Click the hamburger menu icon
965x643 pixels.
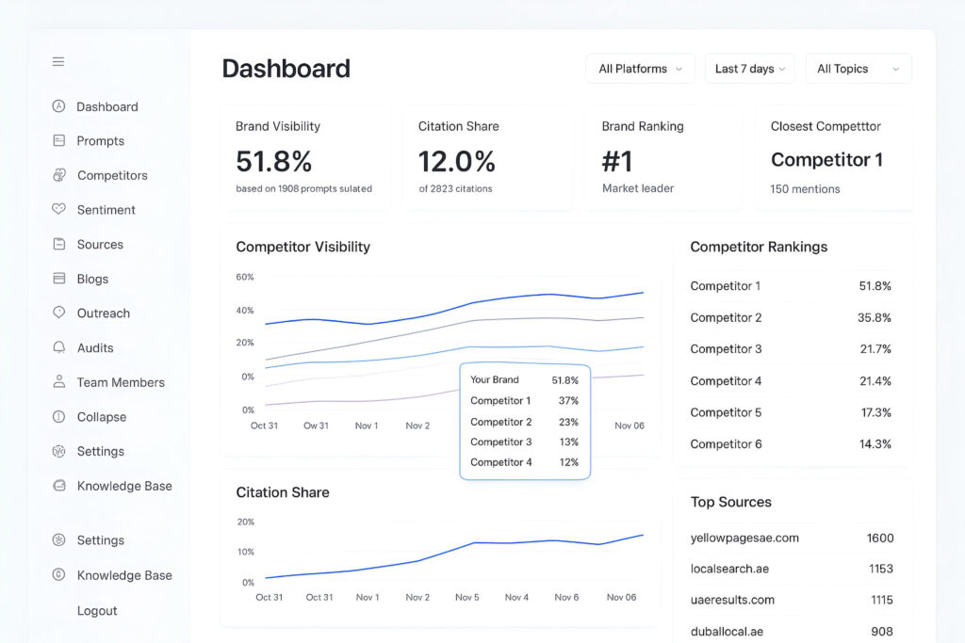(58, 62)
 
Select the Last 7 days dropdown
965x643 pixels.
(749, 69)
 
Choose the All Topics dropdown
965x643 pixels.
(858, 69)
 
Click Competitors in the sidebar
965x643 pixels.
(112, 175)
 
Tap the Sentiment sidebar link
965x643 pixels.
(106, 210)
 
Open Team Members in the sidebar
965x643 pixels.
(121, 382)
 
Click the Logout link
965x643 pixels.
(97, 610)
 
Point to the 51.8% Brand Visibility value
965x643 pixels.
(273, 162)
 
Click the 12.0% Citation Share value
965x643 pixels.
(456, 162)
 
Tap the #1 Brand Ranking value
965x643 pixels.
(617, 162)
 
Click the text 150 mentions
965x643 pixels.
(805, 189)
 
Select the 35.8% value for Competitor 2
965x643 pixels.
(874, 317)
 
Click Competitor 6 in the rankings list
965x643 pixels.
(726, 443)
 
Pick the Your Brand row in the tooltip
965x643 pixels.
(495, 379)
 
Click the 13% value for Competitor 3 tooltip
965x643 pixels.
(568, 442)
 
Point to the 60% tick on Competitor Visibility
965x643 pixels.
(245, 277)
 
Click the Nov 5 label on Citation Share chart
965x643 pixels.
(466, 597)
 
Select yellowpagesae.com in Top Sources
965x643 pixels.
(744, 538)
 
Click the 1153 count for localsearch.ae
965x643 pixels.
(879, 569)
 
